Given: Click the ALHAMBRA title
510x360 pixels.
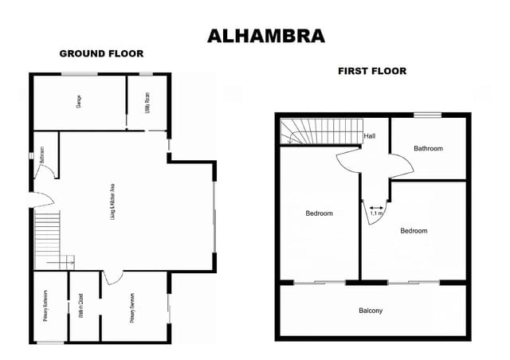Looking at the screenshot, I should point(254,36).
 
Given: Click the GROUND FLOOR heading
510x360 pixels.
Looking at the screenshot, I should point(101,54).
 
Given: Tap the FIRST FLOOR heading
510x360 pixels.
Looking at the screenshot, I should point(371,71).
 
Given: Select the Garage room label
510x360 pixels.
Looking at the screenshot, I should point(79,101).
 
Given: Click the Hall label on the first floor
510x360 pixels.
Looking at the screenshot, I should point(369,136).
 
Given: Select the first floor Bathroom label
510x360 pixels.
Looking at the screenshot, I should point(428,148).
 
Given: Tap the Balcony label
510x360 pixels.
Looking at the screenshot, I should point(371,311).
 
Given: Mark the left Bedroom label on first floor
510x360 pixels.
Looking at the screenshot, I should point(319,213).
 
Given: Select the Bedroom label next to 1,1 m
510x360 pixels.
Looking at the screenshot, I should point(414,231).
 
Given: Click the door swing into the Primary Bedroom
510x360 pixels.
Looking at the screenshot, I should point(112,276).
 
